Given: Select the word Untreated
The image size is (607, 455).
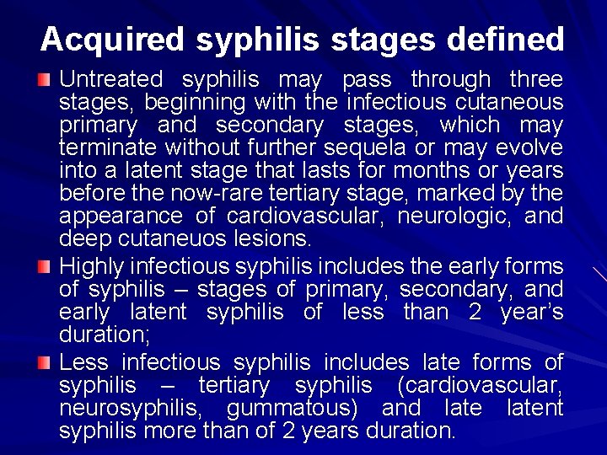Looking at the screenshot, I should tap(110, 80).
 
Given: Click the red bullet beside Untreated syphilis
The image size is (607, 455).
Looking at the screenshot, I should tap(45, 80).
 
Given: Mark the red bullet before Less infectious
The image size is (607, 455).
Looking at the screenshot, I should tap(45, 363).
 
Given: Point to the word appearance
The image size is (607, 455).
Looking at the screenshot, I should tap(116, 217).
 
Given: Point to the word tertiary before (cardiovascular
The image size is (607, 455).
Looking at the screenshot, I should tap(234, 386).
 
